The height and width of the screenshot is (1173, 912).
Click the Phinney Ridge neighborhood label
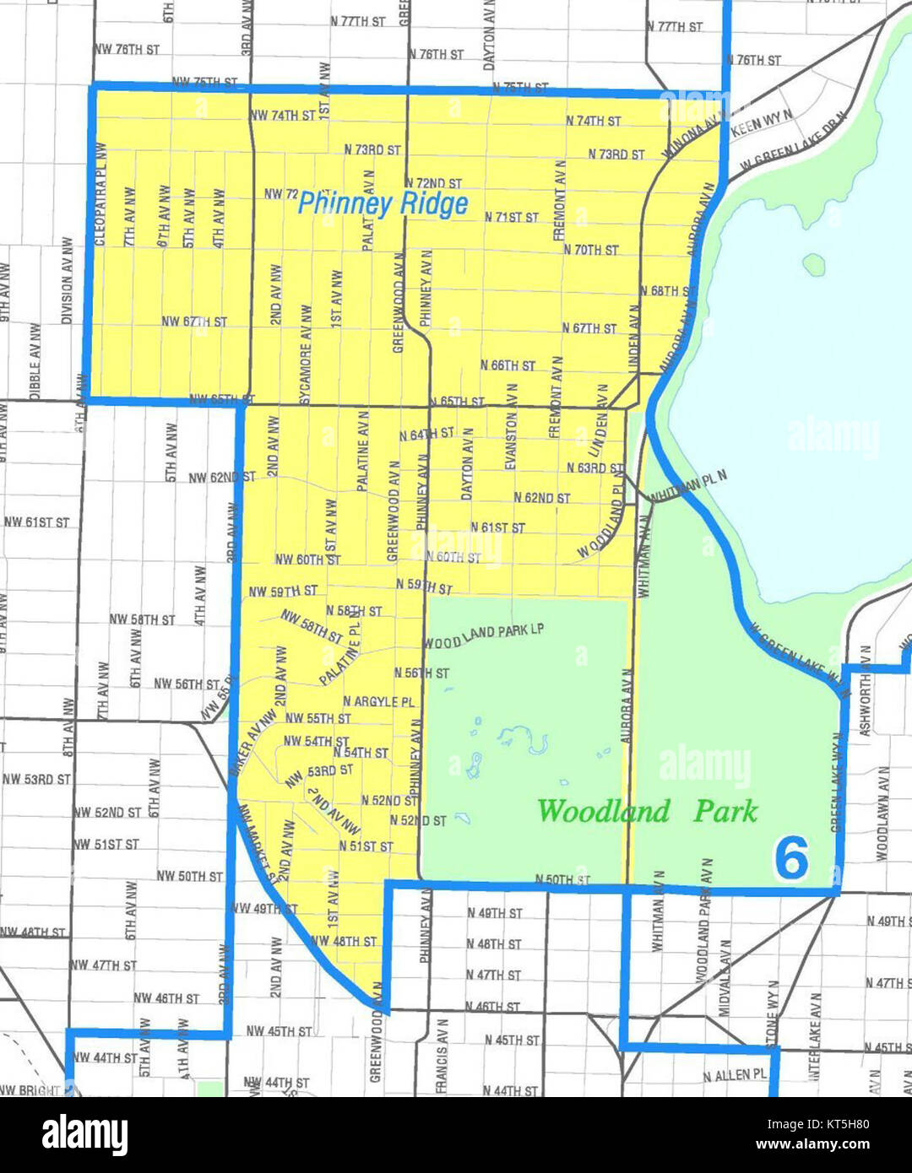point(383,203)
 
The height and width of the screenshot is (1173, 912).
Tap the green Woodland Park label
point(648,811)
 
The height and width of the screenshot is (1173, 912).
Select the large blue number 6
point(791,859)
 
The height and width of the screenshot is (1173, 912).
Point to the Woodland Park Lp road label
point(484,636)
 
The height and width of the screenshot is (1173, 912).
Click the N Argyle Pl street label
point(378,701)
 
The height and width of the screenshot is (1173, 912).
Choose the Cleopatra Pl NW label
point(102,193)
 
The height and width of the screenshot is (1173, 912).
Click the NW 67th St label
point(194,322)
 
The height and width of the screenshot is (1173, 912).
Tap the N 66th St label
point(508,365)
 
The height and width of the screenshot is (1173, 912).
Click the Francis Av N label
point(442,1055)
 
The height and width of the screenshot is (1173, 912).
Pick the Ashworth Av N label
point(864,691)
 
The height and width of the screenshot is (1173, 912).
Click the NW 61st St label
point(37,522)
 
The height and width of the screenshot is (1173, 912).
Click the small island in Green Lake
point(813,264)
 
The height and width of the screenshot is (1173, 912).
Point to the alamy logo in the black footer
point(84,1135)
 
